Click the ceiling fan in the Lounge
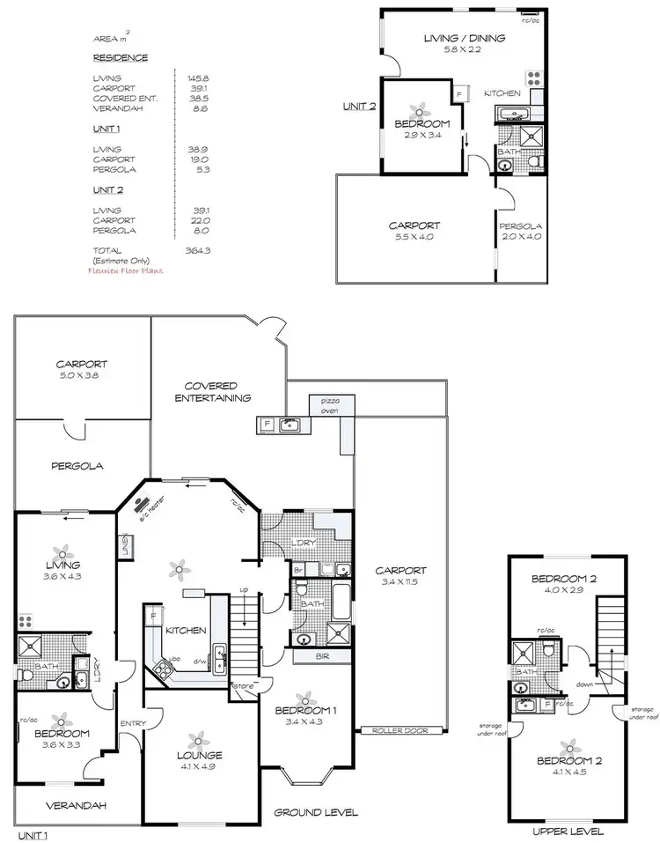tap(199, 737)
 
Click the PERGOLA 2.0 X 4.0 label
tap(521, 232)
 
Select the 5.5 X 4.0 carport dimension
tap(414, 238)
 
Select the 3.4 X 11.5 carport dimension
tap(400, 581)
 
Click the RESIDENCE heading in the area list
tap(121, 58)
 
